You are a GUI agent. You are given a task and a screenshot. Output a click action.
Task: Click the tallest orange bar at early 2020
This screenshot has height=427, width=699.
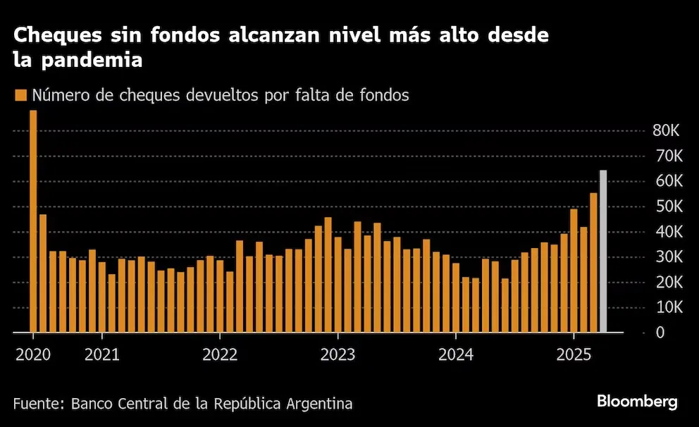click(33, 221)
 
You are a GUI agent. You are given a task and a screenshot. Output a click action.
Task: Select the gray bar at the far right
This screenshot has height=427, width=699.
click(603, 251)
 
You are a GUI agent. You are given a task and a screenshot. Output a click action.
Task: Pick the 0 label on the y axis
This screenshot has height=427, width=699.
click(660, 332)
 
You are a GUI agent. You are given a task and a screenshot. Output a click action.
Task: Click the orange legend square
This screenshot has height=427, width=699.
click(20, 96)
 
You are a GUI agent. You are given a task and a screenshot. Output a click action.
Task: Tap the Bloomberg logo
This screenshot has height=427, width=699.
click(637, 402)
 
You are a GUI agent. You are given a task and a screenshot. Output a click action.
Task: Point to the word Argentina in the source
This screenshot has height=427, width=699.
click(318, 404)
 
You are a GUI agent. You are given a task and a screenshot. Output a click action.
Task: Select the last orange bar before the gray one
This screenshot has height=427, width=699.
click(593, 262)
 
